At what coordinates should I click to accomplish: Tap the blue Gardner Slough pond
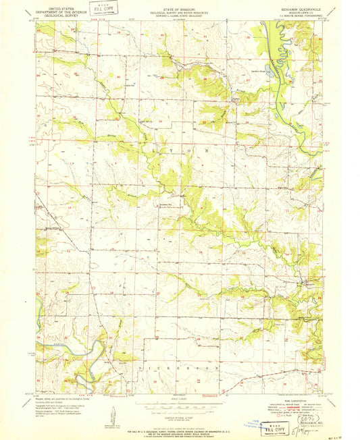click(269, 68)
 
